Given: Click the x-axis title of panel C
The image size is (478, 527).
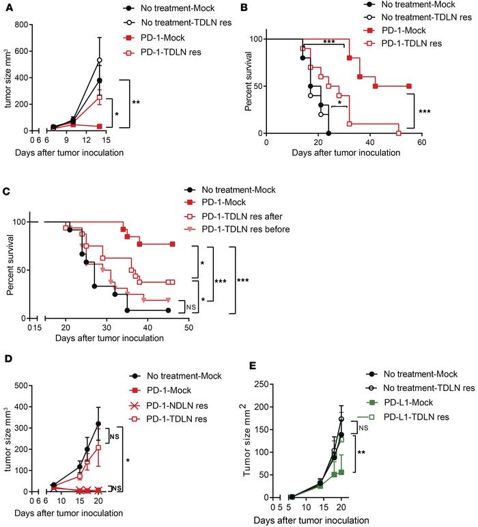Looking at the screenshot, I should click(x=113, y=338).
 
